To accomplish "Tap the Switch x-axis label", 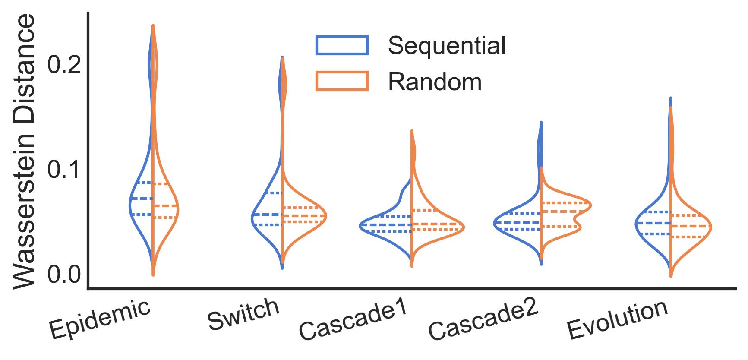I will point(243,314).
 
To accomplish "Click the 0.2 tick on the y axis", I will point(64,65).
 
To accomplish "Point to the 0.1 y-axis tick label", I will point(64,170).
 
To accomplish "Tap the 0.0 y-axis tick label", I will point(64,275).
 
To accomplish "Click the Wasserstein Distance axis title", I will point(24,151).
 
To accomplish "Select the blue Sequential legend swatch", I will point(342,45).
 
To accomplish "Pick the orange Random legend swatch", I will point(342,81).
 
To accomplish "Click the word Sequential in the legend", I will point(446,45).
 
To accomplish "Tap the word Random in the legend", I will point(435,82).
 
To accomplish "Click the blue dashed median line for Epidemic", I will point(142,199).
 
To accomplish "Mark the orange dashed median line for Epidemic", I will point(165,206).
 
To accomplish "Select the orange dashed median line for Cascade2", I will point(561,212).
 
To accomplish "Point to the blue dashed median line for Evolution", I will point(653,223).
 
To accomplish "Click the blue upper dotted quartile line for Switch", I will point(273,193).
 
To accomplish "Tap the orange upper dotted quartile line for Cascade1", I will point(425,210).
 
